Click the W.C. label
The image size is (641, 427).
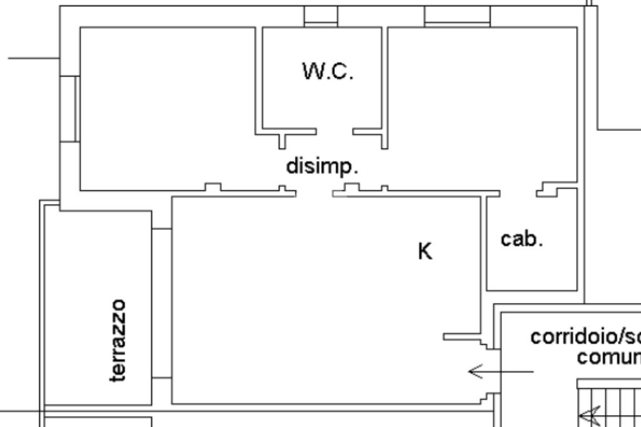click(x=328, y=71)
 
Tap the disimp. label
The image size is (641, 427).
click(x=322, y=167)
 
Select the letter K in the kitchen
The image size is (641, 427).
click(x=424, y=251)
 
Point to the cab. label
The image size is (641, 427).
click(x=521, y=239)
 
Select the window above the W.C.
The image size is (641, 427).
click(x=320, y=16)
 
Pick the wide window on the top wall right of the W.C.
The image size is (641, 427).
click(x=457, y=16)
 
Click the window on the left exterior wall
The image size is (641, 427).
click(x=69, y=108)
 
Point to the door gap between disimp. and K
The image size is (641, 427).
click(x=314, y=193)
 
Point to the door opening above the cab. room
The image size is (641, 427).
click(x=518, y=191)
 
